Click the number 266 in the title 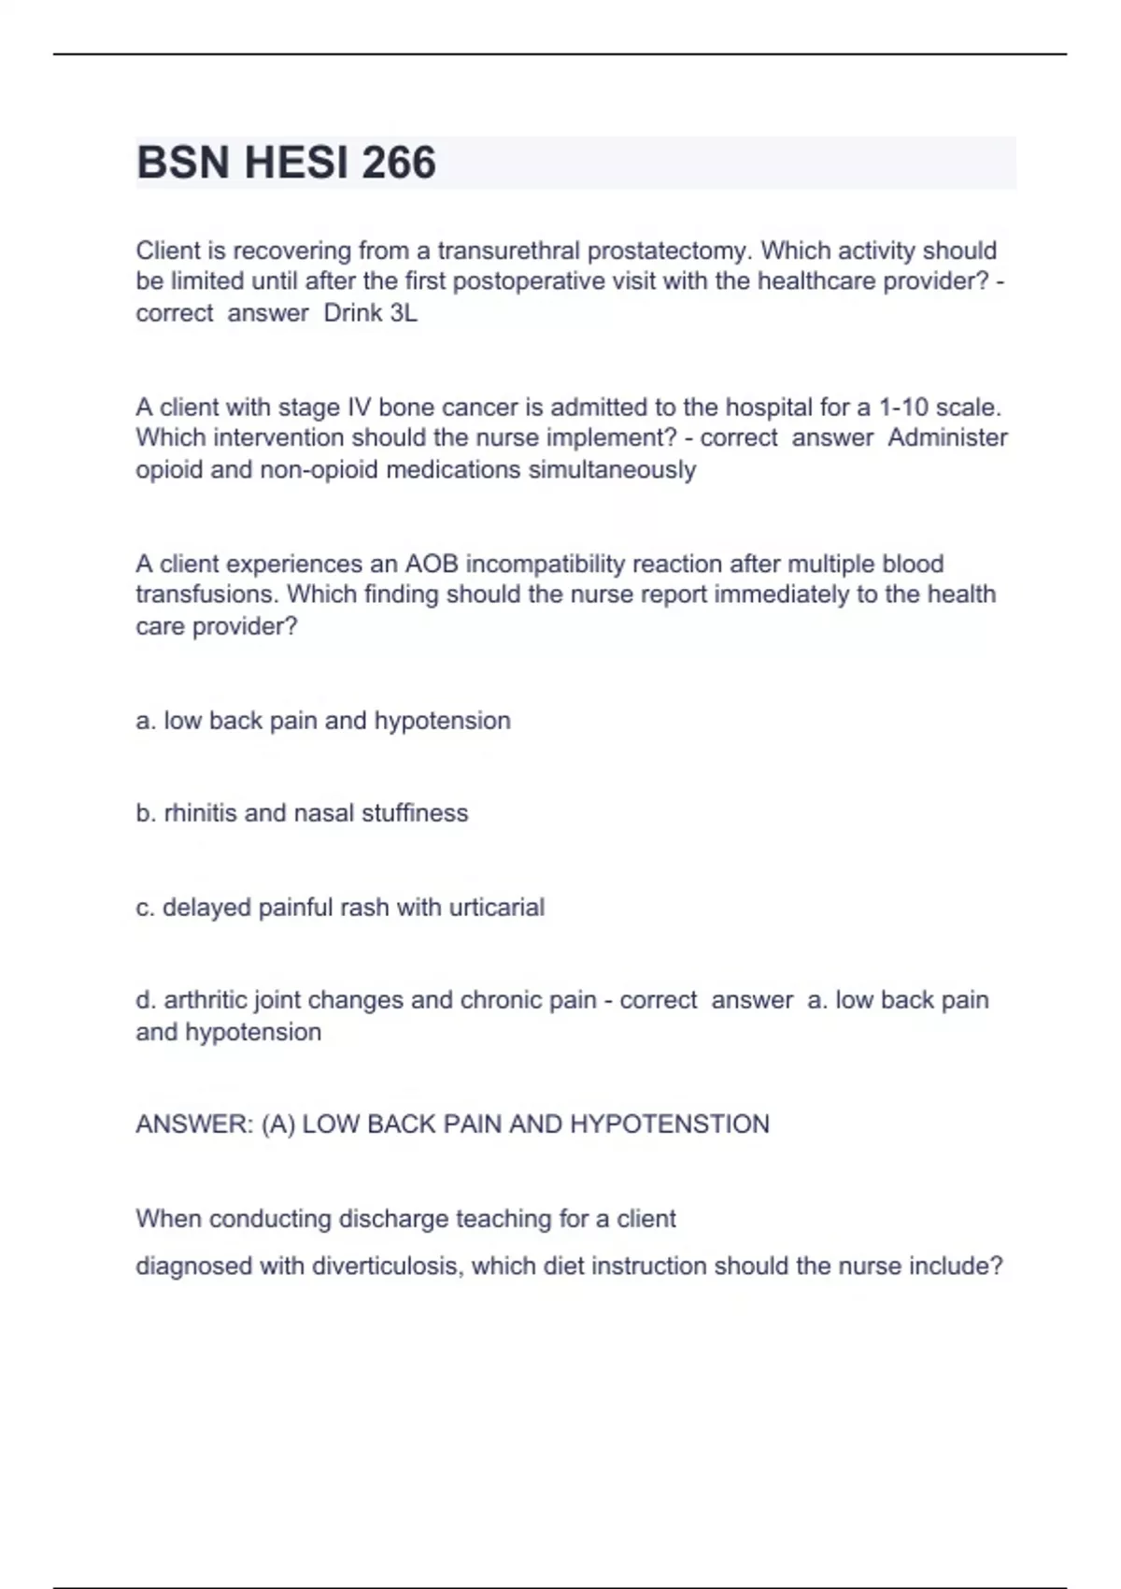click(399, 163)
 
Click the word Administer click(947, 438)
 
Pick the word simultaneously click(612, 469)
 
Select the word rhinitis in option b click(200, 813)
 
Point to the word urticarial click(496, 908)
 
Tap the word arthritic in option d click(205, 1000)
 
